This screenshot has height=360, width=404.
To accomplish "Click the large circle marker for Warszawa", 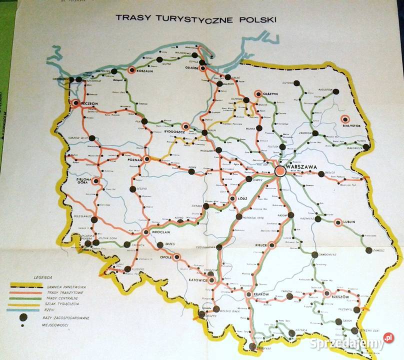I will click(x=280, y=170).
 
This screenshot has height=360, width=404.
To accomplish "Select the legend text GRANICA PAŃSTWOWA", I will click(x=65, y=286).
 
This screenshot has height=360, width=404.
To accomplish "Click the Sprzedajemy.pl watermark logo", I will click(x=351, y=342).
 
